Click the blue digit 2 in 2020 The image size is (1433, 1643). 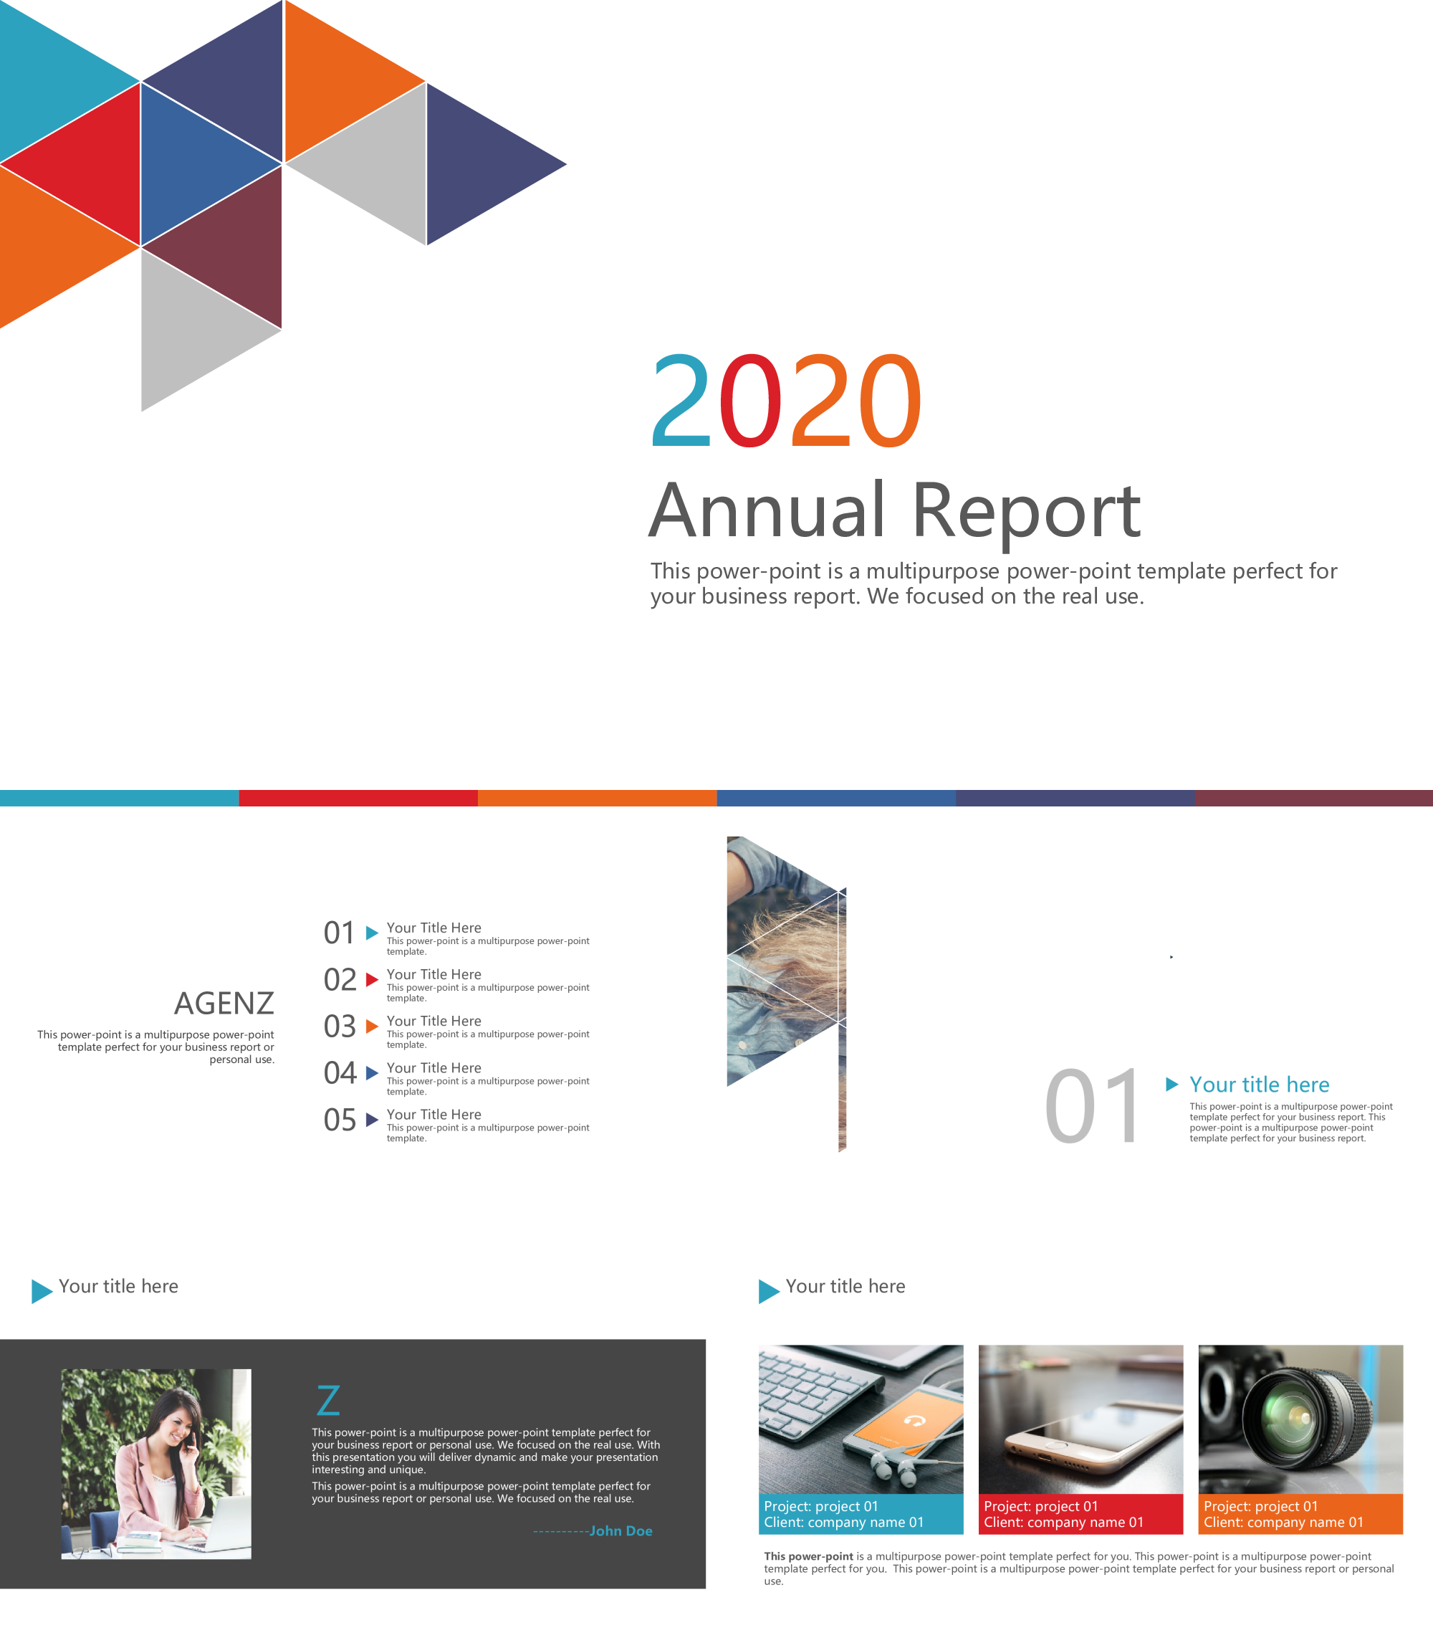point(681,400)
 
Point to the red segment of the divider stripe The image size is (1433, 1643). point(358,798)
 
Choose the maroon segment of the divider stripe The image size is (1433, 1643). point(1314,798)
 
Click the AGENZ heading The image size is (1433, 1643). point(224,1003)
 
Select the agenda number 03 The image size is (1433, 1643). point(340,1027)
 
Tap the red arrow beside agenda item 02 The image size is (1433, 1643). point(372,979)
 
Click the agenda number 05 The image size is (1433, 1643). point(340,1120)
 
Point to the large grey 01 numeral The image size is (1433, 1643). point(1093,1106)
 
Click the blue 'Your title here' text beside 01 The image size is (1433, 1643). point(1259,1085)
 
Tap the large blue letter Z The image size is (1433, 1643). point(329,1401)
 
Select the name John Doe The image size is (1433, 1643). point(620,1531)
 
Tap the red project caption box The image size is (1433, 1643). point(1080,1514)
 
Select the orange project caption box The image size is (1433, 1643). point(1300,1514)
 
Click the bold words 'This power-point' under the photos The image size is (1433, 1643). point(808,1556)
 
